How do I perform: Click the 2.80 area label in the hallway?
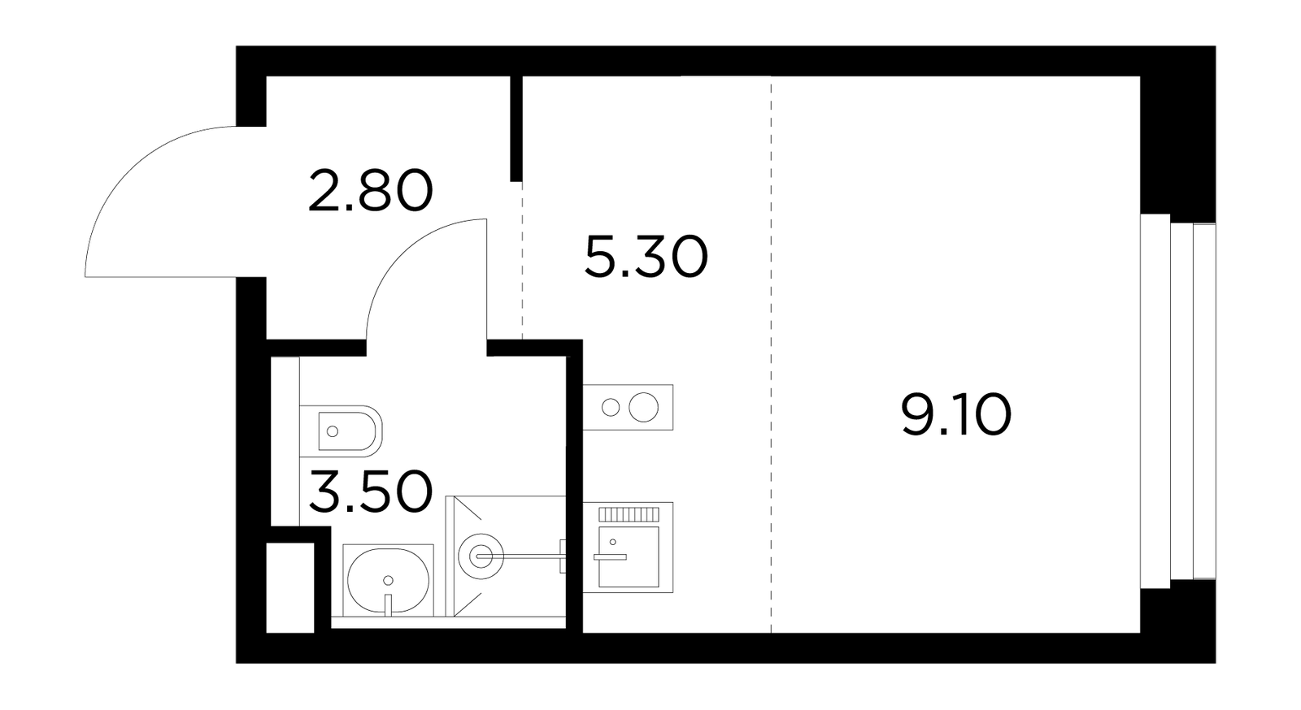click(371, 189)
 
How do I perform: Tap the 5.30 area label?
click(646, 257)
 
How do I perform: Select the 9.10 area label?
click(956, 414)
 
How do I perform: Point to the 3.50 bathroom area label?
click(371, 491)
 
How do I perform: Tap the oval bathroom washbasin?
click(388, 580)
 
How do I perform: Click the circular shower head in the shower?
click(481, 556)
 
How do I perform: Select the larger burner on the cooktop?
click(643, 407)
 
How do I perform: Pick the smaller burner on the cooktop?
click(611, 407)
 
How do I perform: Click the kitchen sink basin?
click(629, 556)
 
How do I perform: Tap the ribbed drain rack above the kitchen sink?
click(629, 514)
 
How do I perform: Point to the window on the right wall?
click(1178, 401)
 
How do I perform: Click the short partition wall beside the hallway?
click(516, 129)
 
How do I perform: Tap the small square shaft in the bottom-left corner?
click(290, 587)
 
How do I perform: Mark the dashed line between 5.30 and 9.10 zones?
click(772, 354)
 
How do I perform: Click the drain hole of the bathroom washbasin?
click(389, 580)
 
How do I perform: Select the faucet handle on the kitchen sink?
click(610, 556)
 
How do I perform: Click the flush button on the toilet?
click(333, 431)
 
